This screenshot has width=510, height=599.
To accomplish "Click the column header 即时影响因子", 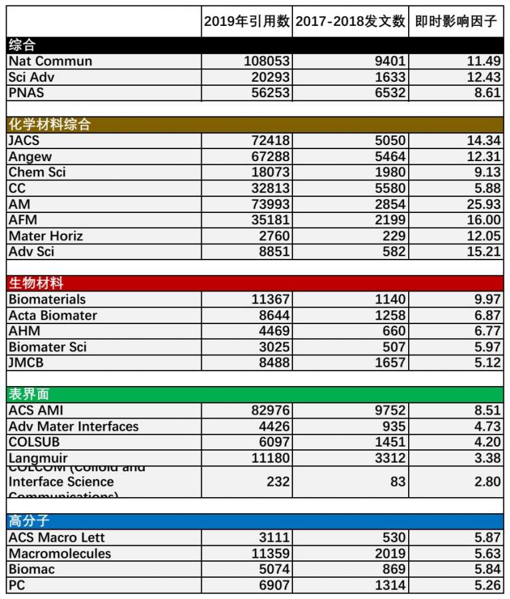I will (x=456, y=21).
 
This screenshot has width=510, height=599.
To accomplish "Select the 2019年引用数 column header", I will (x=246, y=21).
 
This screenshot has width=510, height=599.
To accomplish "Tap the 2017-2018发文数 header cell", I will (x=350, y=21).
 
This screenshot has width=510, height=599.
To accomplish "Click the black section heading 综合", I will (x=22, y=45).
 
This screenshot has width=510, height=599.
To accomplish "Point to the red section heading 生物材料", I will (x=36, y=284).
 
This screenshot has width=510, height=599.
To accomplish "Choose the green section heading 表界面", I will (x=29, y=394).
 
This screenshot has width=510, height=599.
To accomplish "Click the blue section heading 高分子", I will (x=29, y=521).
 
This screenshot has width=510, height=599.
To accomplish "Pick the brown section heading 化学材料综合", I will (x=49, y=124).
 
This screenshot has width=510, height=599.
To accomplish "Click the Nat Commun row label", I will (x=51, y=61).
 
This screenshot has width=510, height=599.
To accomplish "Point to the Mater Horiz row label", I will (x=46, y=236).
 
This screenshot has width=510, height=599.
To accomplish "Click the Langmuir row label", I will (x=37, y=458).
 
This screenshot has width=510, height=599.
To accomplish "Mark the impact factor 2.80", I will (x=487, y=481).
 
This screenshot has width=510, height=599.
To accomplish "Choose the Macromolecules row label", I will (x=60, y=554).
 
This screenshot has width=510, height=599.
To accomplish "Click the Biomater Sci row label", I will (x=47, y=347).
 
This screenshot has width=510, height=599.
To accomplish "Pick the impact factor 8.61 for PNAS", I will (x=487, y=93).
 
